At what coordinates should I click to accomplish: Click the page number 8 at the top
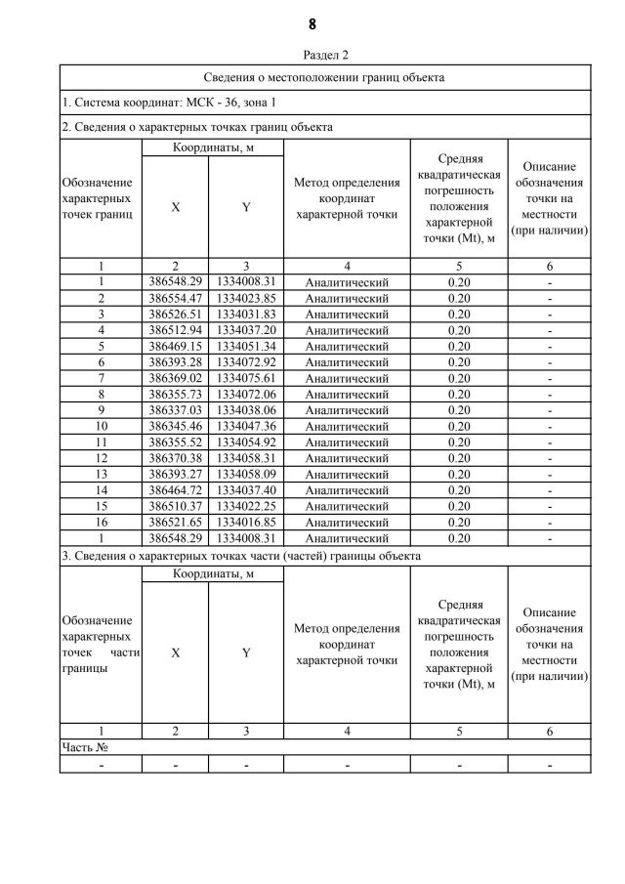pyautogui.click(x=312, y=24)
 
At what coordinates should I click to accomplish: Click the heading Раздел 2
pyautogui.click(x=326, y=55)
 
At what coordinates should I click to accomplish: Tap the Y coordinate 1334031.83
pyautogui.click(x=246, y=315)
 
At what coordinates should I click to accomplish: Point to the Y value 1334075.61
pyautogui.click(x=246, y=378)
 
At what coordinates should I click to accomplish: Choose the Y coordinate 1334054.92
pyautogui.click(x=246, y=442)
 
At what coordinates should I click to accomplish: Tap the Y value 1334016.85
pyautogui.click(x=246, y=523)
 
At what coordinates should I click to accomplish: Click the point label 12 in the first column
pyautogui.click(x=101, y=458)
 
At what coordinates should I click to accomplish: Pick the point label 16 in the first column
pyautogui.click(x=101, y=523)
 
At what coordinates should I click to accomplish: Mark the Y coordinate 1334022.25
pyautogui.click(x=246, y=506)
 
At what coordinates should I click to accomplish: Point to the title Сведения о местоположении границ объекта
pyautogui.click(x=325, y=77)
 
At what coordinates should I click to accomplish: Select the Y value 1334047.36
pyautogui.click(x=246, y=427)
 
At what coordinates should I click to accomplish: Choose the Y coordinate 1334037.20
pyautogui.click(x=246, y=330)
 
